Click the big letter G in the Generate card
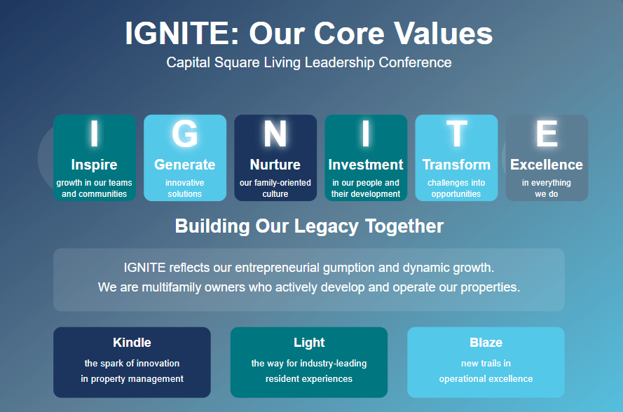(185, 134)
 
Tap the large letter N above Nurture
(275, 134)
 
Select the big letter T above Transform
(456, 134)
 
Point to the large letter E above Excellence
(547, 134)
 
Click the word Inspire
(94, 165)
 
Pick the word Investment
(366, 165)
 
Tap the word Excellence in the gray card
(547, 165)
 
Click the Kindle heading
(132, 343)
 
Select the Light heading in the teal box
(309, 343)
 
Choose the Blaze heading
(486, 343)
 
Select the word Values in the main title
(444, 34)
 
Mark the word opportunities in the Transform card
(456, 194)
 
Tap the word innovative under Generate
(185, 183)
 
